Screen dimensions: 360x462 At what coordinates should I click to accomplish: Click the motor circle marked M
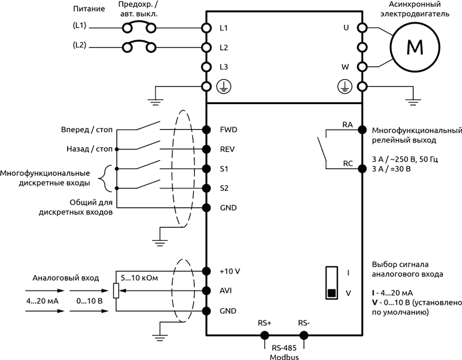(x=413, y=47)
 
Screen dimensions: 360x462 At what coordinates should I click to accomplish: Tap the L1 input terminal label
(x=224, y=28)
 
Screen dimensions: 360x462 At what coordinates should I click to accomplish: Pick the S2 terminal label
(x=224, y=187)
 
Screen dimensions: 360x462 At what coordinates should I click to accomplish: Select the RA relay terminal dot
(x=362, y=129)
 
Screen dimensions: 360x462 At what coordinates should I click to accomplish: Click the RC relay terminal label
(x=348, y=163)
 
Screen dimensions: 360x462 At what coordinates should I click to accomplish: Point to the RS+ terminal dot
(x=264, y=335)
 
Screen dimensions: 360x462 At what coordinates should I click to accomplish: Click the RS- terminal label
(x=305, y=323)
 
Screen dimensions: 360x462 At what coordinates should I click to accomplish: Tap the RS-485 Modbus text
(x=283, y=353)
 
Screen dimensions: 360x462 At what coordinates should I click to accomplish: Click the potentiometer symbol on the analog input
(x=115, y=291)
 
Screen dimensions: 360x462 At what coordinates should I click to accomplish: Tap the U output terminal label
(x=346, y=28)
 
